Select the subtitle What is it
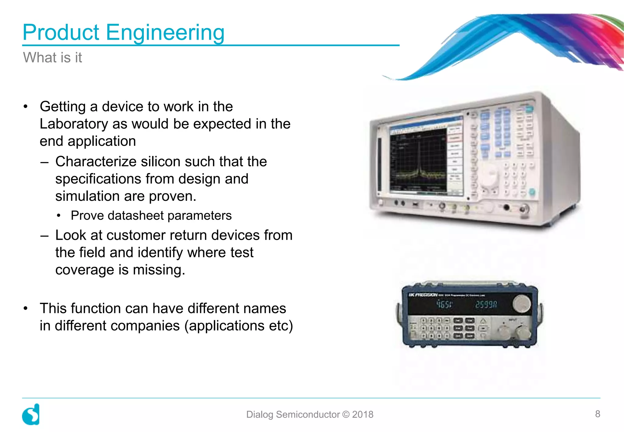click(x=52, y=58)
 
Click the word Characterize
click(x=95, y=161)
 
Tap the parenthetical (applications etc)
click(x=239, y=326)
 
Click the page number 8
click(x=597, y=414)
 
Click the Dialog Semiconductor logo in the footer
click(x=31, y=414)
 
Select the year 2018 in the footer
click(x=363, y=414)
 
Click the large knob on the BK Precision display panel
click(x=522, y=303)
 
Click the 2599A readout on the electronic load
click(x=486, y=304)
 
